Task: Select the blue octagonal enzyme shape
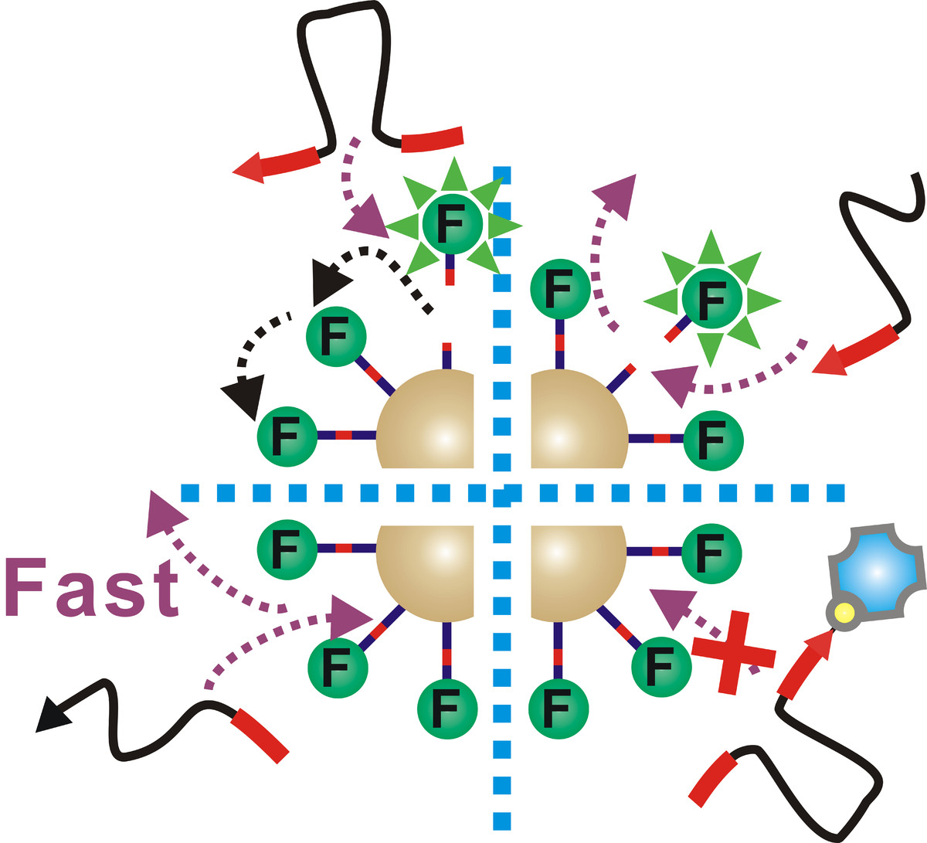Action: click(876, 572)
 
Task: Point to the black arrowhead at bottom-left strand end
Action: click(52, 715)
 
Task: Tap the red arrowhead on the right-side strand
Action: click(830, 360)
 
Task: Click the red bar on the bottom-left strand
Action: click(260, 735)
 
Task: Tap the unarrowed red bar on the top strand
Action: click(432, 139)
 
